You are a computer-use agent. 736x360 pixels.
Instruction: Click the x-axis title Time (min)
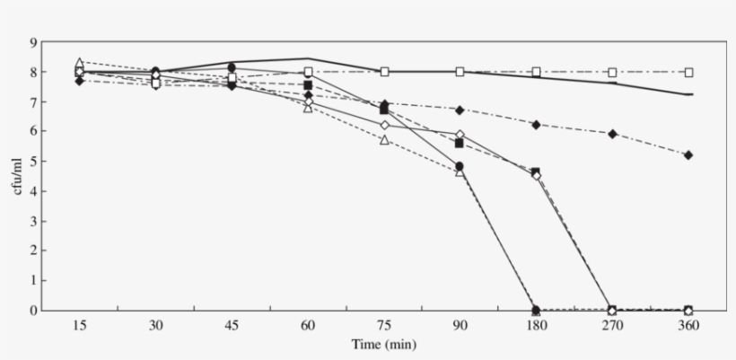[x=384, y=344]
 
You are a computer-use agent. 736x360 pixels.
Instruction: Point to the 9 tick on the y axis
[x=32, y=42]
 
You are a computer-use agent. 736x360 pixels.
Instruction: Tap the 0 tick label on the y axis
[x=32, y=311]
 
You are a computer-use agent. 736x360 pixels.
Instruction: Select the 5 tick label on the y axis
[x=32, y=162]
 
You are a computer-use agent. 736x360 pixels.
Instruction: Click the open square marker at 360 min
[x=688, y=72]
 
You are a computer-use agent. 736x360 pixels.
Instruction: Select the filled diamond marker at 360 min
[x=688, y=155]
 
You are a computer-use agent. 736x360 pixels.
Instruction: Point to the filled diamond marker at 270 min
[x=612, y=134]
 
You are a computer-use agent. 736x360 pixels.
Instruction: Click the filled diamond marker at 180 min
[x=536, y=125]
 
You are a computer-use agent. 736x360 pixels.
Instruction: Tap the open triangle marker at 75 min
[x=384, y=140]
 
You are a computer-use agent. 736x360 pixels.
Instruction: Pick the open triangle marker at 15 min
[x=79, y=63]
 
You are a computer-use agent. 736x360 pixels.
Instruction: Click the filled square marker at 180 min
[x=536, y=171]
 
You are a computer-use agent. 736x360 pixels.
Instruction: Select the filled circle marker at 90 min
[x=460, y=166]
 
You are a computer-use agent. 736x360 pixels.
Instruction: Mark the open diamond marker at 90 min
[x=460, y=135]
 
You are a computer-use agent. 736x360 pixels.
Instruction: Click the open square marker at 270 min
[x=612, y=72]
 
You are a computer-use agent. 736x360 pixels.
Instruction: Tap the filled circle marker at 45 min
[x=232, y=67]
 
